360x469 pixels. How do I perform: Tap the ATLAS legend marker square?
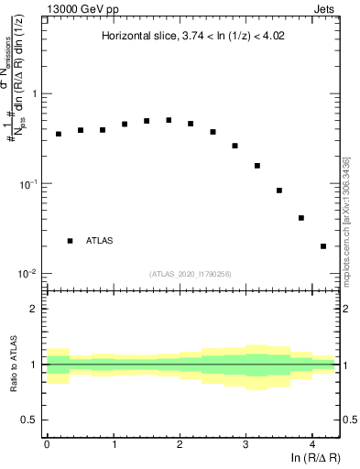[x=70, y=240]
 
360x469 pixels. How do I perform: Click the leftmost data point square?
[x=58, y=134]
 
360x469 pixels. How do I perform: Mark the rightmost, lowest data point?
[x=323, y=246]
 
